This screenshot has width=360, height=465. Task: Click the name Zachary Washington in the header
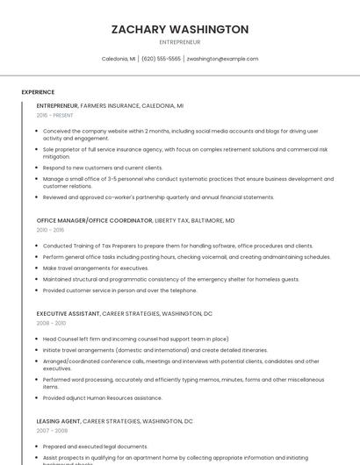point(180,30)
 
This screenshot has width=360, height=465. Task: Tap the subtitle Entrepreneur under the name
point(180,42)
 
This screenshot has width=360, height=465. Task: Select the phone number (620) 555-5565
point(161,59)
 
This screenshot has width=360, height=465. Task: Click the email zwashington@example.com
point(223,59)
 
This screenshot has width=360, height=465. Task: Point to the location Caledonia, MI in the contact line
point(119,59)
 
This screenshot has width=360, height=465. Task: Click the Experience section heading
point(38,91)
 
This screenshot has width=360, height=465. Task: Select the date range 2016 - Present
point(55,115)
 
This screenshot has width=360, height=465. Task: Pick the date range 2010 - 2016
point(51,230)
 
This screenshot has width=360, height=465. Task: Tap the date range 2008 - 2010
point(51,323)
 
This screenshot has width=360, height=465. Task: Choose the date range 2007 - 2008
point(51,431)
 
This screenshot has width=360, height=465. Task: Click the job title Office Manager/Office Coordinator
point(95,220)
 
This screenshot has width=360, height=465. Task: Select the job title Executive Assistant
point(68,313)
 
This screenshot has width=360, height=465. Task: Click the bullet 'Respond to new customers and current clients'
point(103,168)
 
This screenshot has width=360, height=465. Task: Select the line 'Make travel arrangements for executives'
point(96,268)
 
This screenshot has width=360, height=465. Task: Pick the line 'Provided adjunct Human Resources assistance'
point(102,397)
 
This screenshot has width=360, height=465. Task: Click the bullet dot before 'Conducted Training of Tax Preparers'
point(39,247)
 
